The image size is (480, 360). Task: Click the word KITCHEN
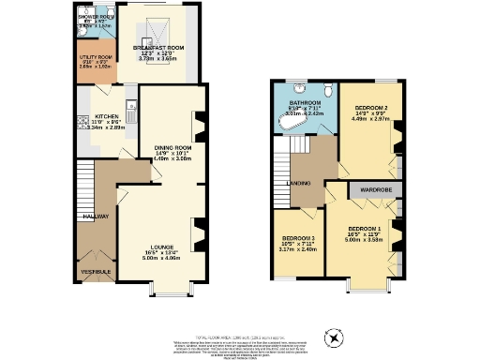click(x=107, y=117)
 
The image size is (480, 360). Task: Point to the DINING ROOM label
click(x=172, y=148)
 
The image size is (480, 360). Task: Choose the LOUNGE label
click(x=157, y=248)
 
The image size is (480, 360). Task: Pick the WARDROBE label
click(x=371, y=190)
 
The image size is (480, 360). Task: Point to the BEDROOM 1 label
click(x=365, y=229)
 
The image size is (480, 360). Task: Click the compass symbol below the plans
click(x=333, y=337)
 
